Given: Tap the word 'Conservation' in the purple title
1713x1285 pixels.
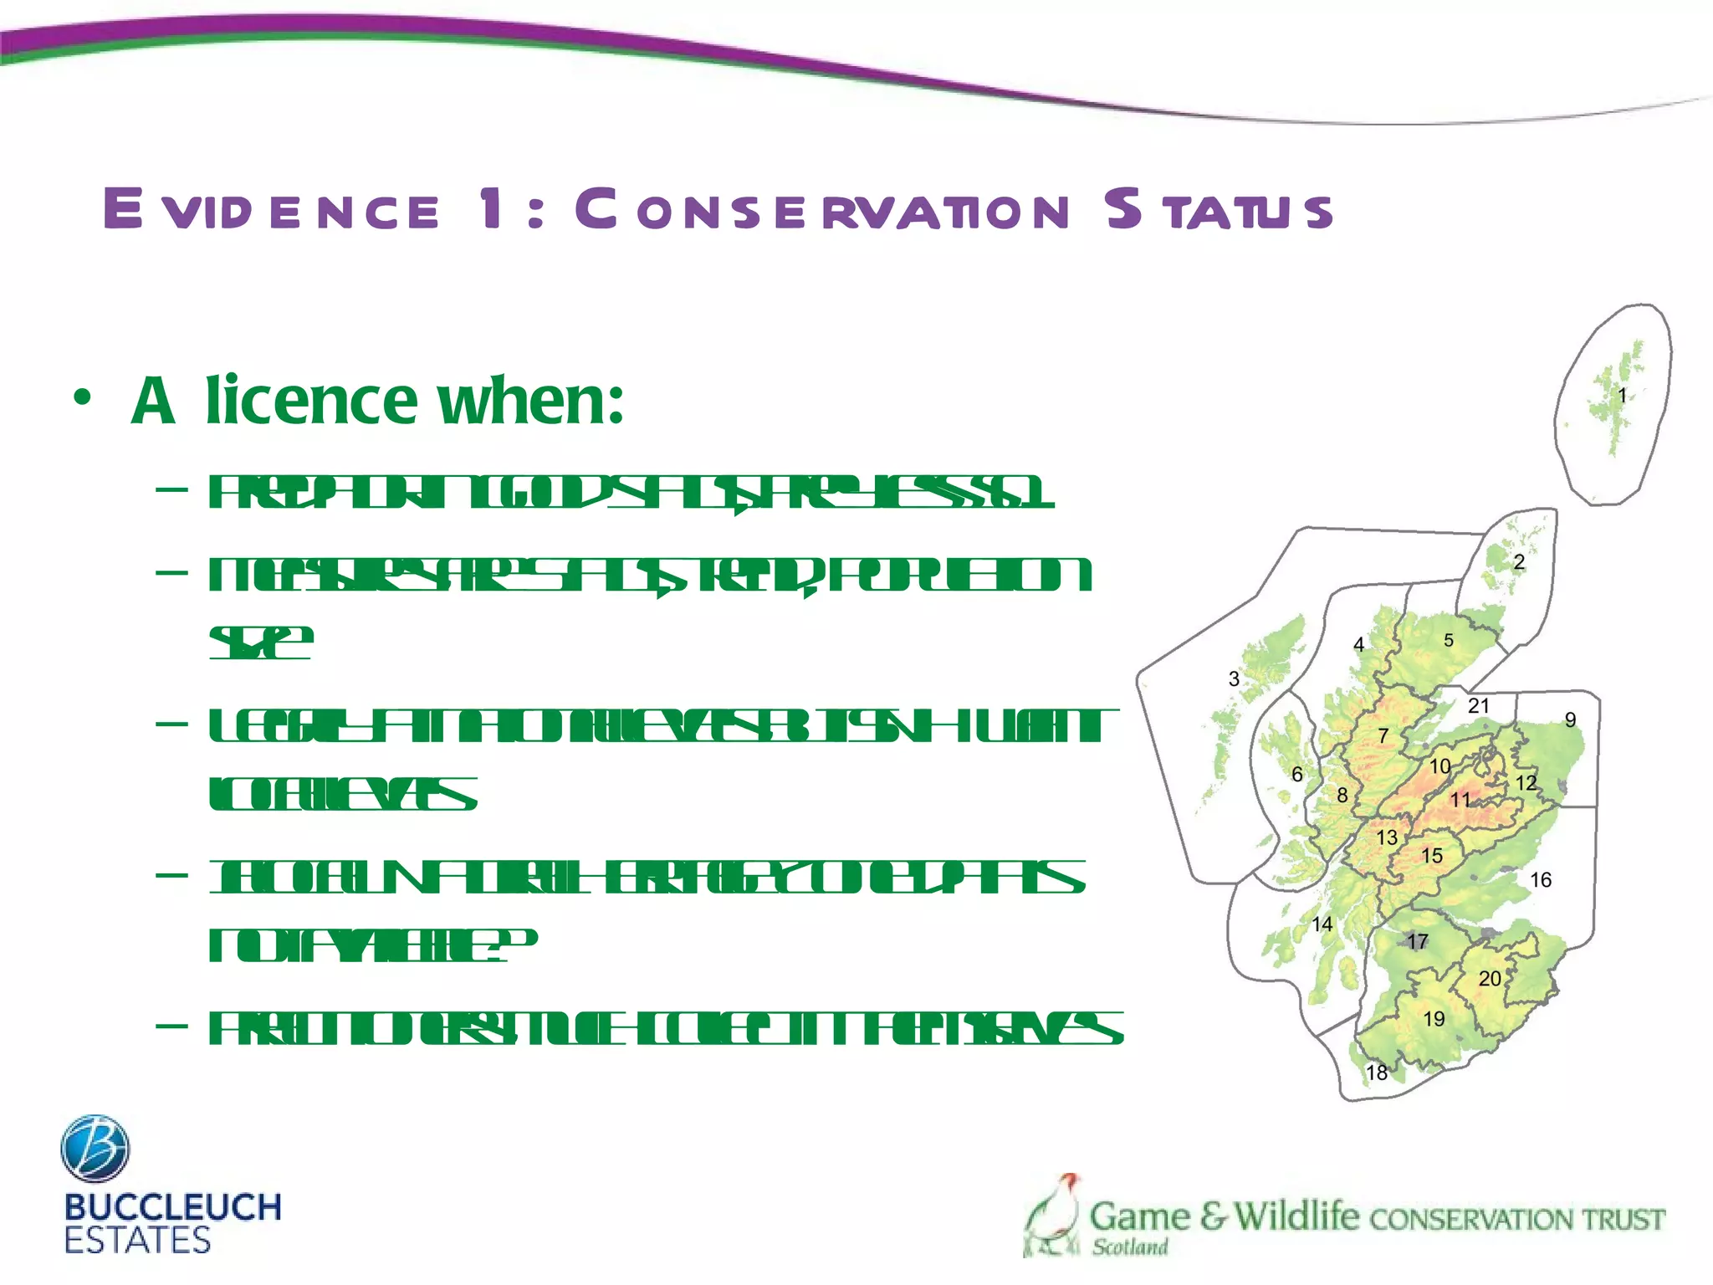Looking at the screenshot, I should (x=822, y=209).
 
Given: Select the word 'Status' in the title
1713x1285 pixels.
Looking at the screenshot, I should (x=1218, y=209).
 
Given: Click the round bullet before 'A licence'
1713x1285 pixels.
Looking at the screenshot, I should (x=81, y=399).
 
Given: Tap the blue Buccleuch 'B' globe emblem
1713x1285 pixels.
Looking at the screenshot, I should (x=95, y=1149).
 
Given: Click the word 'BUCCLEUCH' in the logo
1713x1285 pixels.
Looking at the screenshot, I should (x=172, y=1207).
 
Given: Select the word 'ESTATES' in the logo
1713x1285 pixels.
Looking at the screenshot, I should (x=137, y=1241).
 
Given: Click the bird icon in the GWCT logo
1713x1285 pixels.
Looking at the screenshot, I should (x=1052, y=1215).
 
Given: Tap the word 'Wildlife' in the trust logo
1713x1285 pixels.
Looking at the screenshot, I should (x=1296, y=1216).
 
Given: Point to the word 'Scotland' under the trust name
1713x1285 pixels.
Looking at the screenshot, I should (x=1130, y=1247).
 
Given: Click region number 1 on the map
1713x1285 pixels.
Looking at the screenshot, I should (x=1622, y=396).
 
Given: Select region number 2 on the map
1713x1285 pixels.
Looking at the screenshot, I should (x=1519, y=562).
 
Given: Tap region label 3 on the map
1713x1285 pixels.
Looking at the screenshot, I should (x=1234, y=679).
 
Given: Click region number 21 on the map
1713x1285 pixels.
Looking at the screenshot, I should (x=1479, y=706).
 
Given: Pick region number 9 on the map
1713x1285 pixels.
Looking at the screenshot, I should (x=1571, y=720).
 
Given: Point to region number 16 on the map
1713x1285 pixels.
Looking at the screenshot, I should (x=1541, y=880).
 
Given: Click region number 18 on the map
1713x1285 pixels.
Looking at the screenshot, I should (x=1377, y=1073).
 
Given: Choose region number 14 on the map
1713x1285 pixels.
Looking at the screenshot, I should (x=1322, y=924).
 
